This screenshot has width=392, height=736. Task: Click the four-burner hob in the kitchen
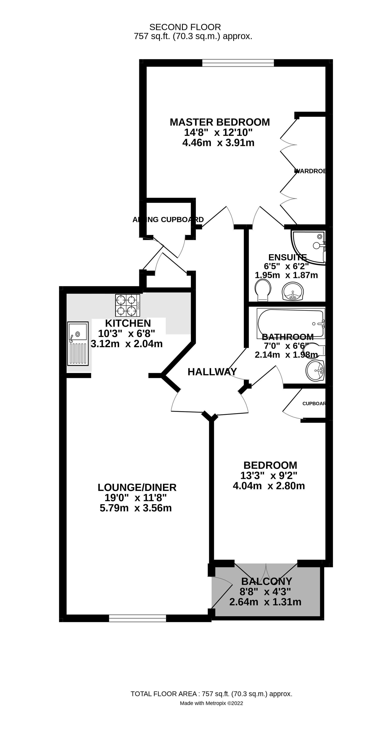127,305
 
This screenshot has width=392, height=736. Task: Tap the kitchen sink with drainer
78,344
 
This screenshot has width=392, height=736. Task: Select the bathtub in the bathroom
291,323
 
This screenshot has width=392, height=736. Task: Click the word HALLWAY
212,372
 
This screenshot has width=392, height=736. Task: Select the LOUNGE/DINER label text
137,487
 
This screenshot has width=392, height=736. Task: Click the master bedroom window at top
238,63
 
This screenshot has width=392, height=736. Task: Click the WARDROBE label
310,171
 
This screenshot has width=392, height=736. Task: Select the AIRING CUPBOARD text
168,220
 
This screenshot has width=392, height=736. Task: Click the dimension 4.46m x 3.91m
218,143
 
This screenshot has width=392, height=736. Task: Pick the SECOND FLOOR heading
185,27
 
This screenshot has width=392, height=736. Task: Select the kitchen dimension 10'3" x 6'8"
126,333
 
